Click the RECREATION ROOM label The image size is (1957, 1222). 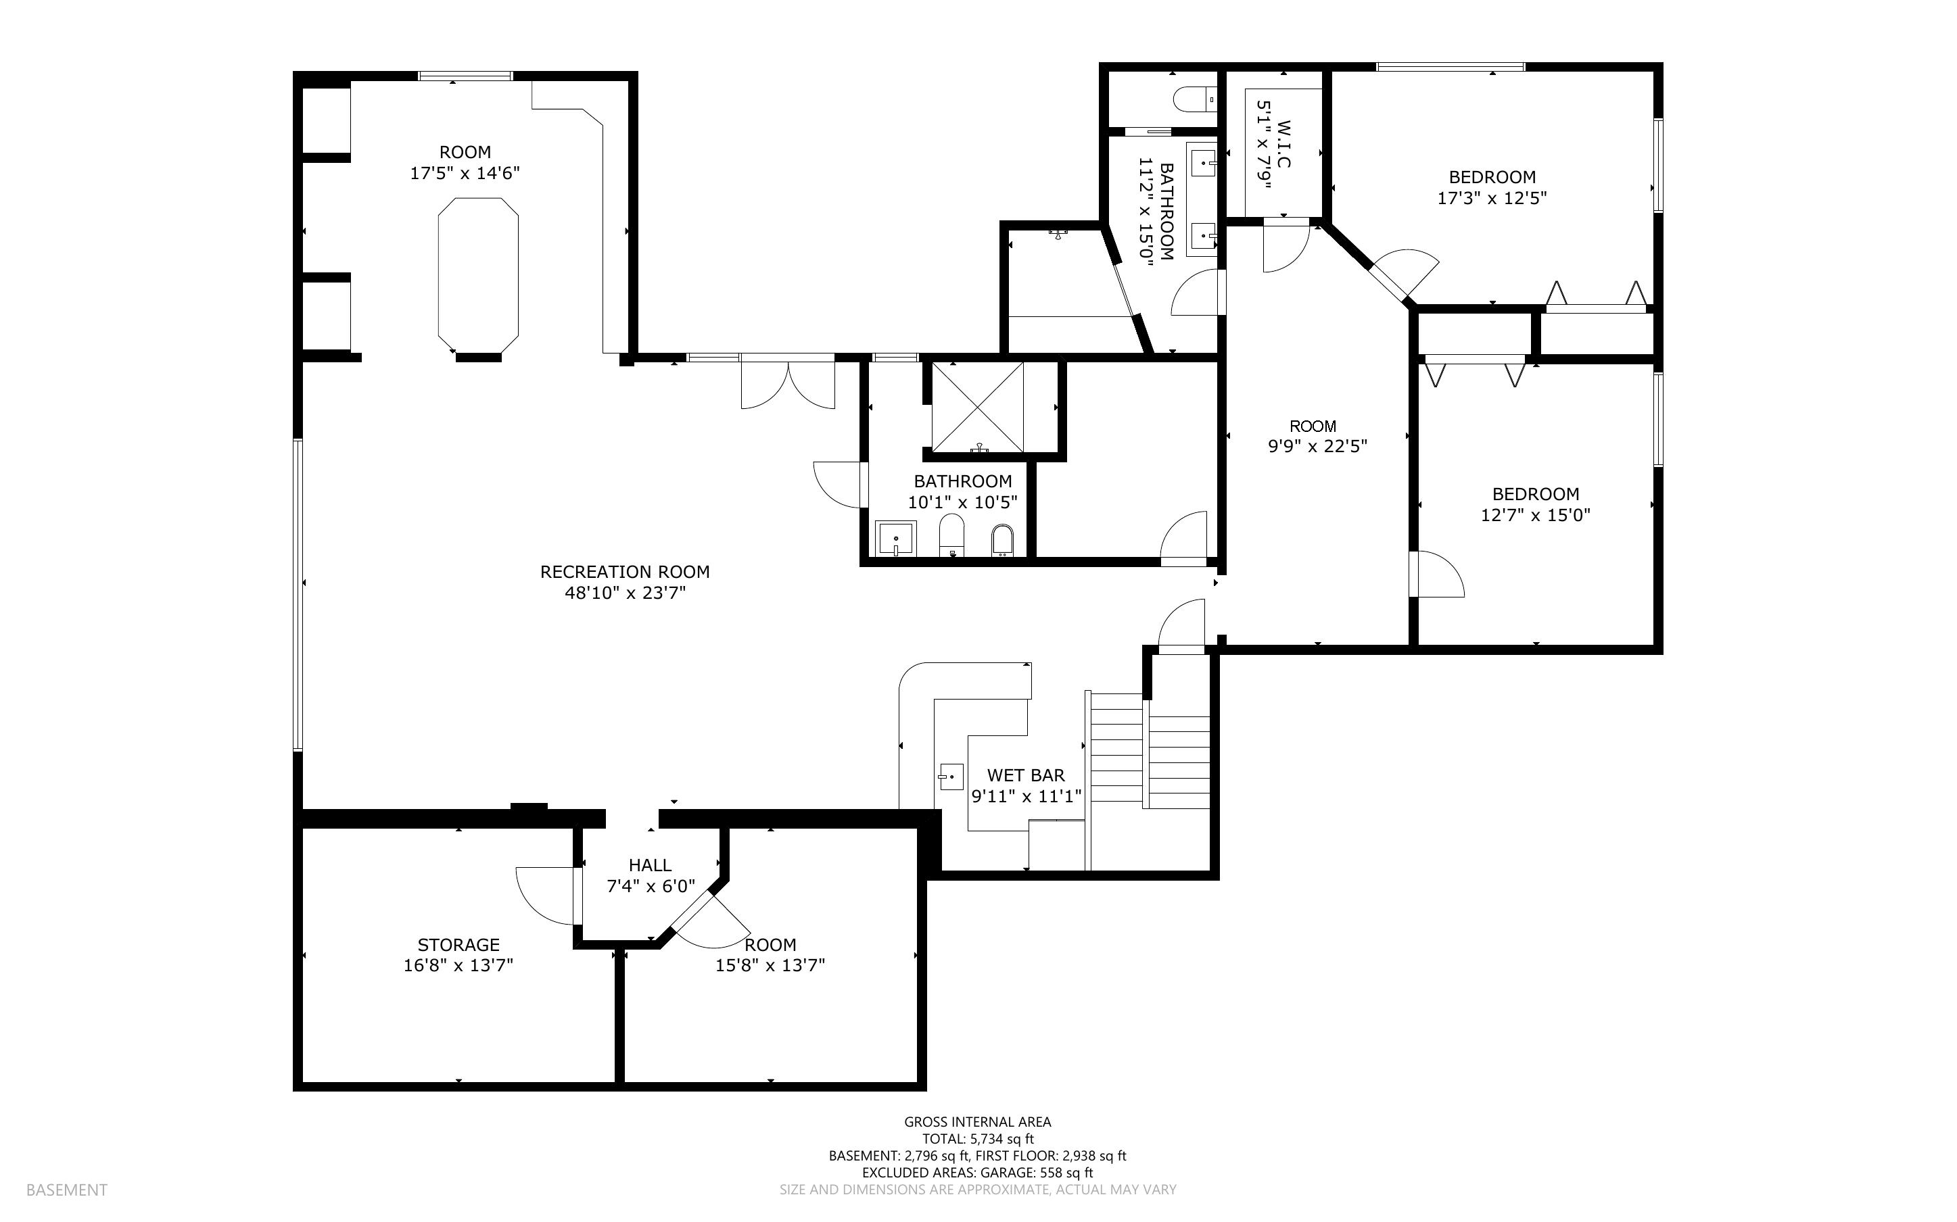624,571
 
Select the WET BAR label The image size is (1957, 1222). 1025,775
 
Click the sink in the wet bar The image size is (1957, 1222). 951,777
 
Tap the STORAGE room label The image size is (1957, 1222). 458,944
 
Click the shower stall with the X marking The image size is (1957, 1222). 977,406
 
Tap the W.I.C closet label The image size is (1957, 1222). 1283,144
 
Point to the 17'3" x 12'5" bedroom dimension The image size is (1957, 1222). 1491,198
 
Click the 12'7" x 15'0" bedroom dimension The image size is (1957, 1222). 1535,515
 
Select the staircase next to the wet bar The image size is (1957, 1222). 1148,752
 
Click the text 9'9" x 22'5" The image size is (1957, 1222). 1317,446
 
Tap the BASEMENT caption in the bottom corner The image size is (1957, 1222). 66,1190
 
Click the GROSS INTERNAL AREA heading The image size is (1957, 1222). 976,1122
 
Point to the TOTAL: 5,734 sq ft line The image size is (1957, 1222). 976,1139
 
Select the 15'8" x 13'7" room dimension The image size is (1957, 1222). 770,965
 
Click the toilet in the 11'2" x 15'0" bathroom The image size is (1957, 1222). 1193,99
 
